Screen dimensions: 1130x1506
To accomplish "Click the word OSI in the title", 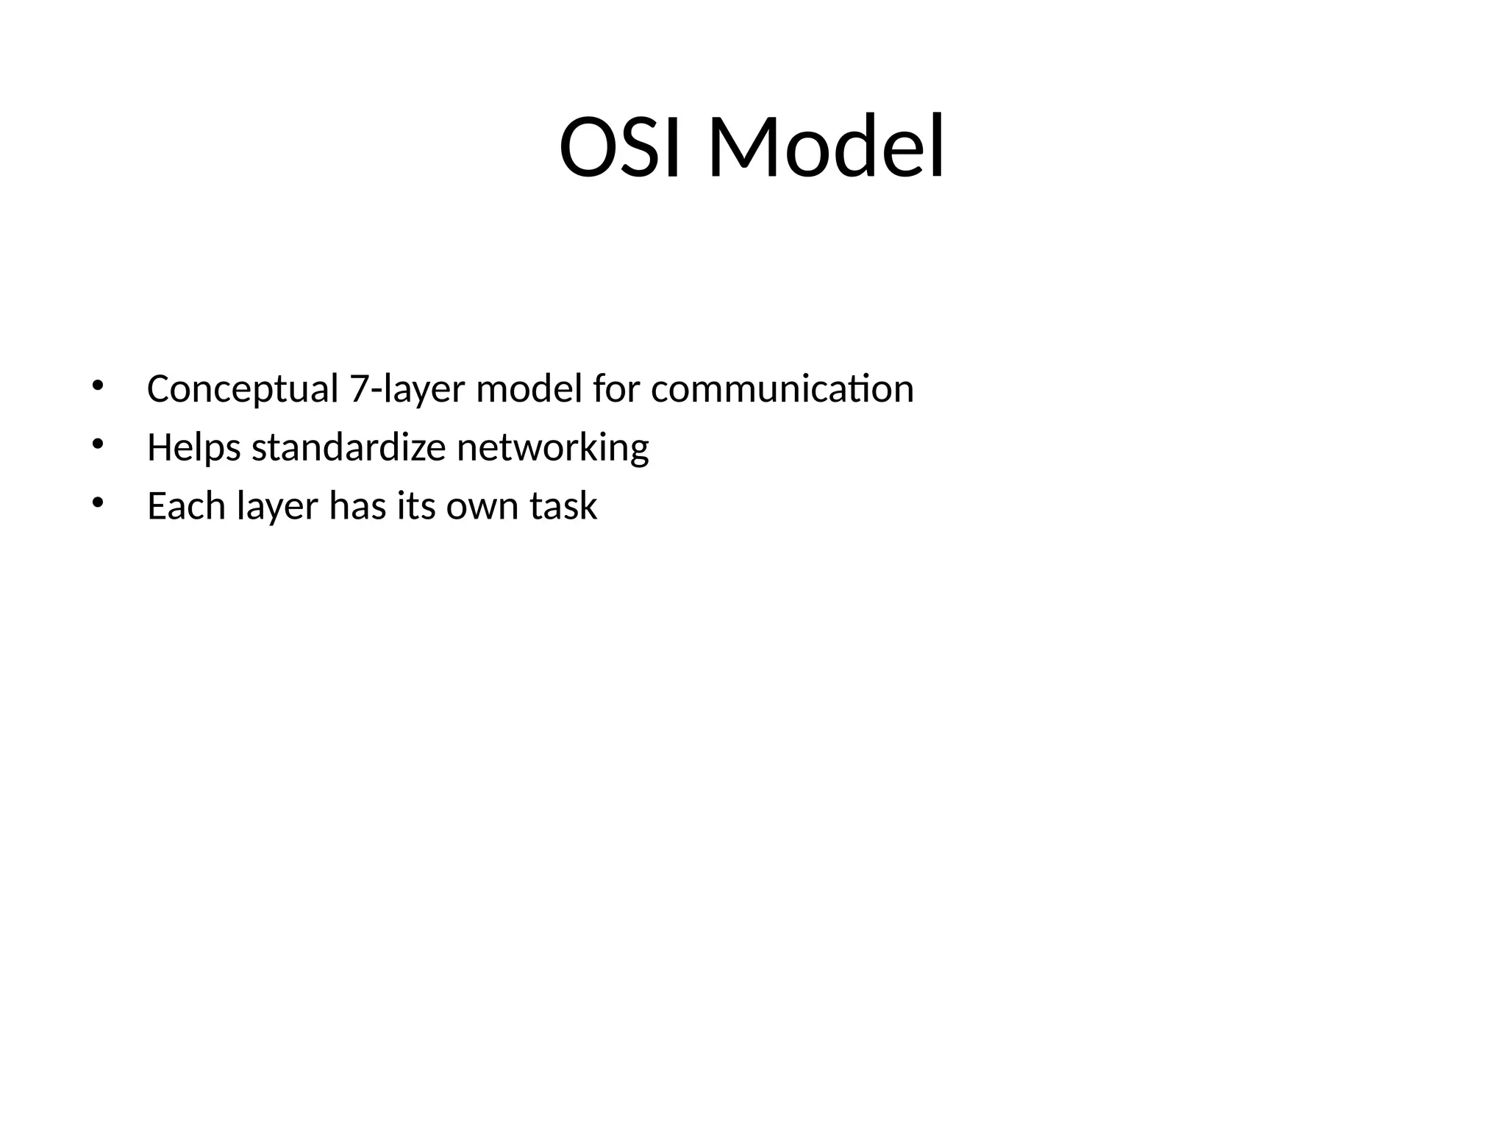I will (x=625, y=147).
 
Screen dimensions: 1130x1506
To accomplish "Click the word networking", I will (x=553, y=448).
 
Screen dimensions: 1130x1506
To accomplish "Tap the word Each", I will (x=186, y=506).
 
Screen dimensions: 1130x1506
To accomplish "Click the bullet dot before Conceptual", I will (x=97, y=385).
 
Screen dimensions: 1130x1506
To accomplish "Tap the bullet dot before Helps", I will (x=97, y=444).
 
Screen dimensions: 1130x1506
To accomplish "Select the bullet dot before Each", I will (x=97, y=503).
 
